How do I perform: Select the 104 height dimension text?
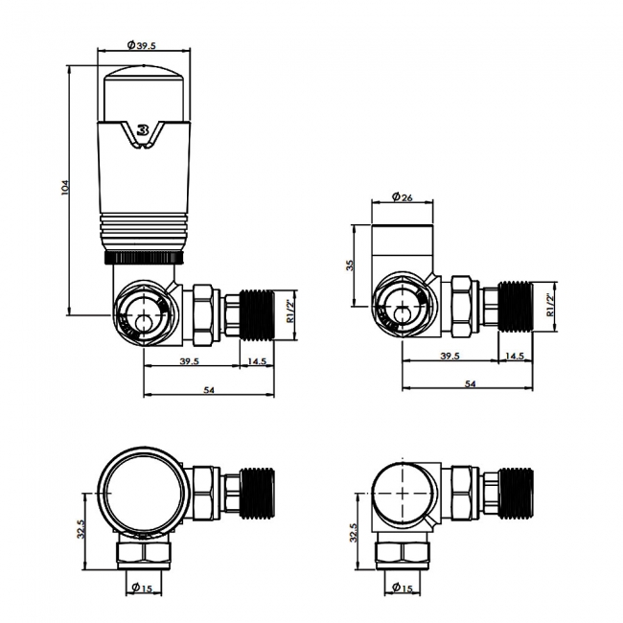click(x=64, y=189)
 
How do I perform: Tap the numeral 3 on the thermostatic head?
click(x=143, y=130)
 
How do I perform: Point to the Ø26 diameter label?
click(x=403, y=198)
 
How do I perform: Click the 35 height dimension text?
click(x=351, y=265)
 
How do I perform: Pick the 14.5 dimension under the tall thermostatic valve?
click(x=257, y=361)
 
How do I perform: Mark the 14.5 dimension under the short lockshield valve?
click(x=515, y=356)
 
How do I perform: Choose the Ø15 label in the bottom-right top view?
click(x=403, y=588)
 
